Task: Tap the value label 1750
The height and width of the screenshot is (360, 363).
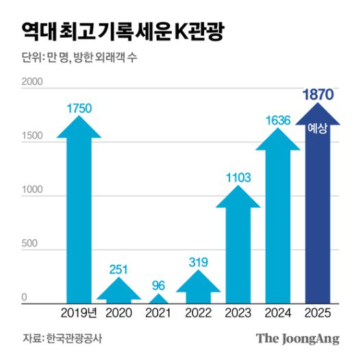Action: click(x=79, y=108)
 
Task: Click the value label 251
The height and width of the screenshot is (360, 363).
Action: click(x=119, y=269)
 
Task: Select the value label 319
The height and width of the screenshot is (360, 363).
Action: click(x=198, y=261)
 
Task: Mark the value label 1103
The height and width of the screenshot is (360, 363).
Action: click(x=238, y=178)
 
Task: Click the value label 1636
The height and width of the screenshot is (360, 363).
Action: click(x=277, y=120)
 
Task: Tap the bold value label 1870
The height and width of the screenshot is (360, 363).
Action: click(x=317, y=95)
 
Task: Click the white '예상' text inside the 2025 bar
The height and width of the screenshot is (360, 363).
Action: click(x=317, y=127)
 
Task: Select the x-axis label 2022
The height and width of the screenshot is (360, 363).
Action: click(x=198, y=313)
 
